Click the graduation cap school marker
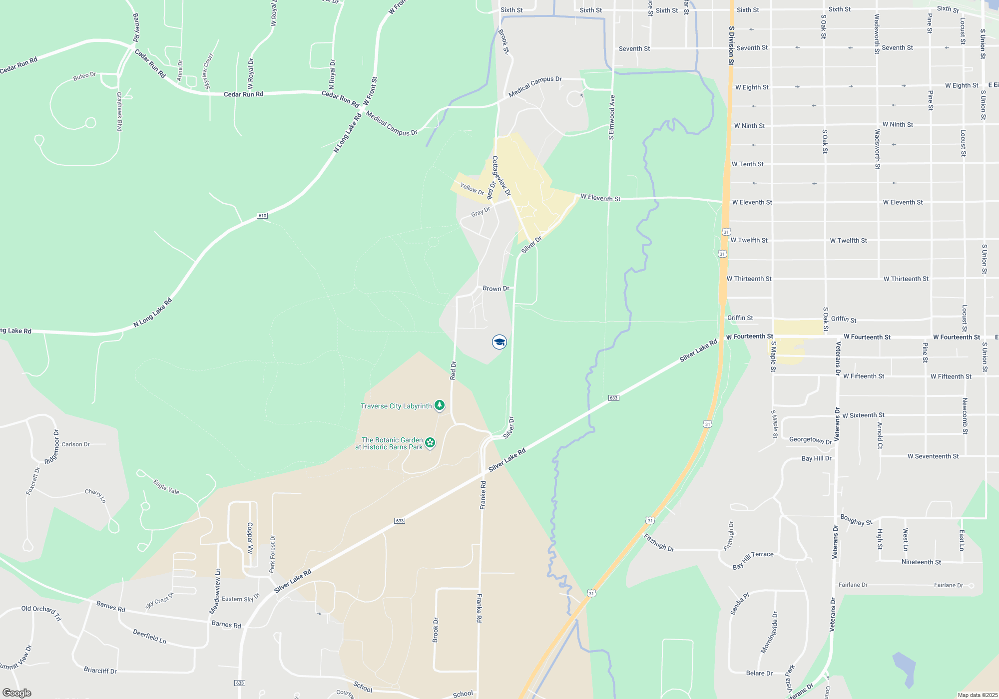pos(499,342)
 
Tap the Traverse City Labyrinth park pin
pos(439,405)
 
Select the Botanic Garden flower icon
pos(430,442)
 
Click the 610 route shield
pos(262,216)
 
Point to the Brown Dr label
pos(496,289)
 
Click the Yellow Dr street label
pos(472,189)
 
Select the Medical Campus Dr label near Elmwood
pos(535,86)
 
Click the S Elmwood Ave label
pos(611,117)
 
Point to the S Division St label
pos(731,46)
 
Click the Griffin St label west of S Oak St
pos(740,318)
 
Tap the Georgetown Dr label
pos(810,440)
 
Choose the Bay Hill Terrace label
pos(753,560)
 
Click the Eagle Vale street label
pos(166,487)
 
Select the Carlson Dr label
pos(75,444)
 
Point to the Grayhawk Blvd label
pos(119,111)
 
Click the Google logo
pos(16,693)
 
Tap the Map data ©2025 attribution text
pos(977,695)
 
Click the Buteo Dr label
pos(84,76)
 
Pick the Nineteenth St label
pos(921,562)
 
